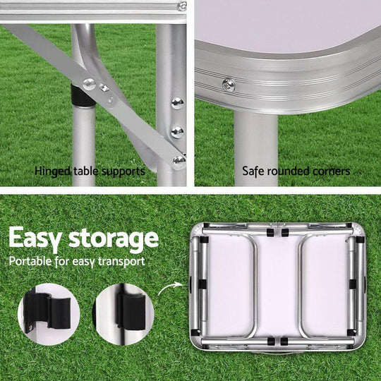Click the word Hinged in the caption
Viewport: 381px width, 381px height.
52,171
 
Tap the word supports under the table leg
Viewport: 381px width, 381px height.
123,171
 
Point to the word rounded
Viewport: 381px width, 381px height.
290,171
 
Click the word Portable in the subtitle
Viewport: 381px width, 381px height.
32,262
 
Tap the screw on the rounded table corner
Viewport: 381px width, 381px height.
228,85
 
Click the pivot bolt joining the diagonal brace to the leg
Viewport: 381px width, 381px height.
90,84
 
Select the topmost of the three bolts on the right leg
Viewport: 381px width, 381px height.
177,103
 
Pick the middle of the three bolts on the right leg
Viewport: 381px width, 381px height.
177,131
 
